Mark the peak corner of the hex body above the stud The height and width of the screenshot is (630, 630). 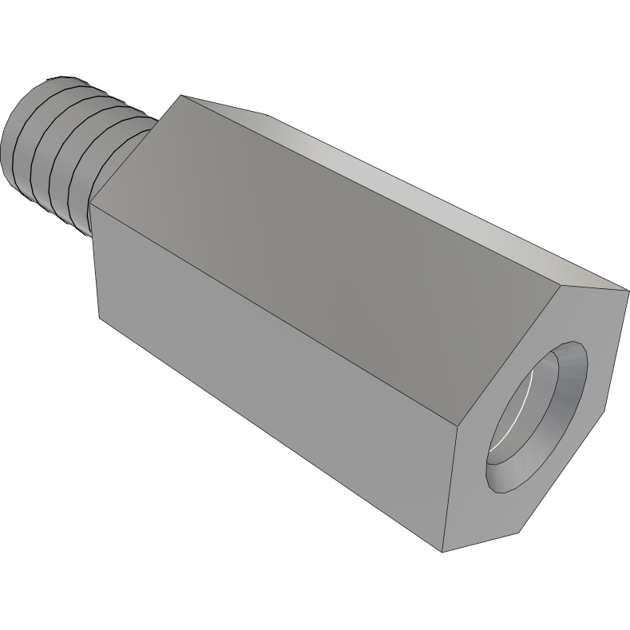coord(183,96)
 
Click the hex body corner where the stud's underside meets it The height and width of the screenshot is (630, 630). coord(90,203)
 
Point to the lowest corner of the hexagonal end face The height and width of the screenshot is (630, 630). coord(443,552)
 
